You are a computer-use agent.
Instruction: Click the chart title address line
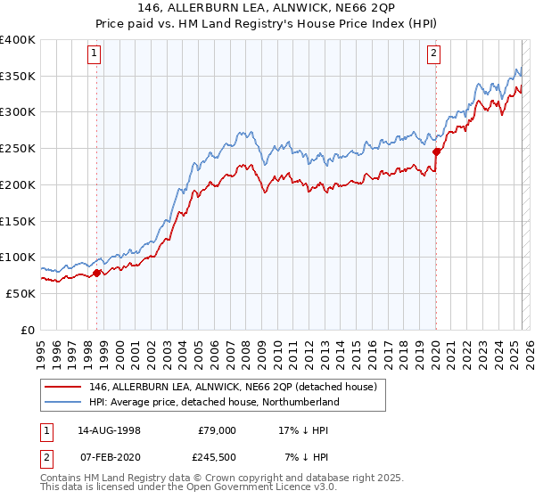[267, 9]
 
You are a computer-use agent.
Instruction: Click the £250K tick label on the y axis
[19, 148]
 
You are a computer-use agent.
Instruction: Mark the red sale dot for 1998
[97, 273]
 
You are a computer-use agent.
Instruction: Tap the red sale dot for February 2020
[436, 151]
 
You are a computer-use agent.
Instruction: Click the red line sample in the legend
[64, 387]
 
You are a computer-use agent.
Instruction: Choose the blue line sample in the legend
[64, 402]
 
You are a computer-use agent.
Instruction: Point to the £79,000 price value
[217, 429]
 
